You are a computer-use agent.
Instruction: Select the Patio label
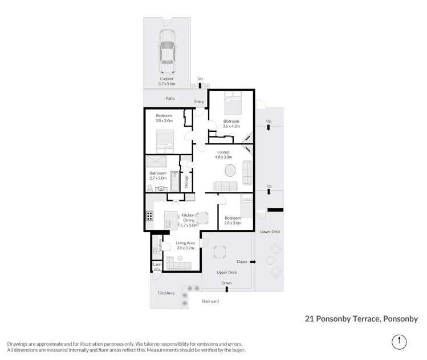click(x=170, y=98)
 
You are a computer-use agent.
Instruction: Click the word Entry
click(x=199, y=102)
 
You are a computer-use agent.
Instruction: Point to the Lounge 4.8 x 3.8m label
click(x=223, y=153)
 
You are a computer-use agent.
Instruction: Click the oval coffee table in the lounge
click(x=230, y=171)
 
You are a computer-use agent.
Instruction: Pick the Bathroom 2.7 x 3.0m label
click(x=158, y=175)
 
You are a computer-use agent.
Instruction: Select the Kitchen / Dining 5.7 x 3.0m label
click(x=189, y=219)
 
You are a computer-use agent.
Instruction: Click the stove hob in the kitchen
click(x=149, y=216)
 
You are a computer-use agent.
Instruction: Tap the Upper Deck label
click(x=226, y=272)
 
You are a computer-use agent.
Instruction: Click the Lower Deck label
click(x=270, y=232)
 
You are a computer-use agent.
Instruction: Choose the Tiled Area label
click(x=166, y=293)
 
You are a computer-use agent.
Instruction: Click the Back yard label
click(x=210, y=301)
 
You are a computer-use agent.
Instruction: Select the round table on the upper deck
click(x=219, y=252)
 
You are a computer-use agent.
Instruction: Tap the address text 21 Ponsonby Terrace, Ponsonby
click(x=361, y=320)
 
